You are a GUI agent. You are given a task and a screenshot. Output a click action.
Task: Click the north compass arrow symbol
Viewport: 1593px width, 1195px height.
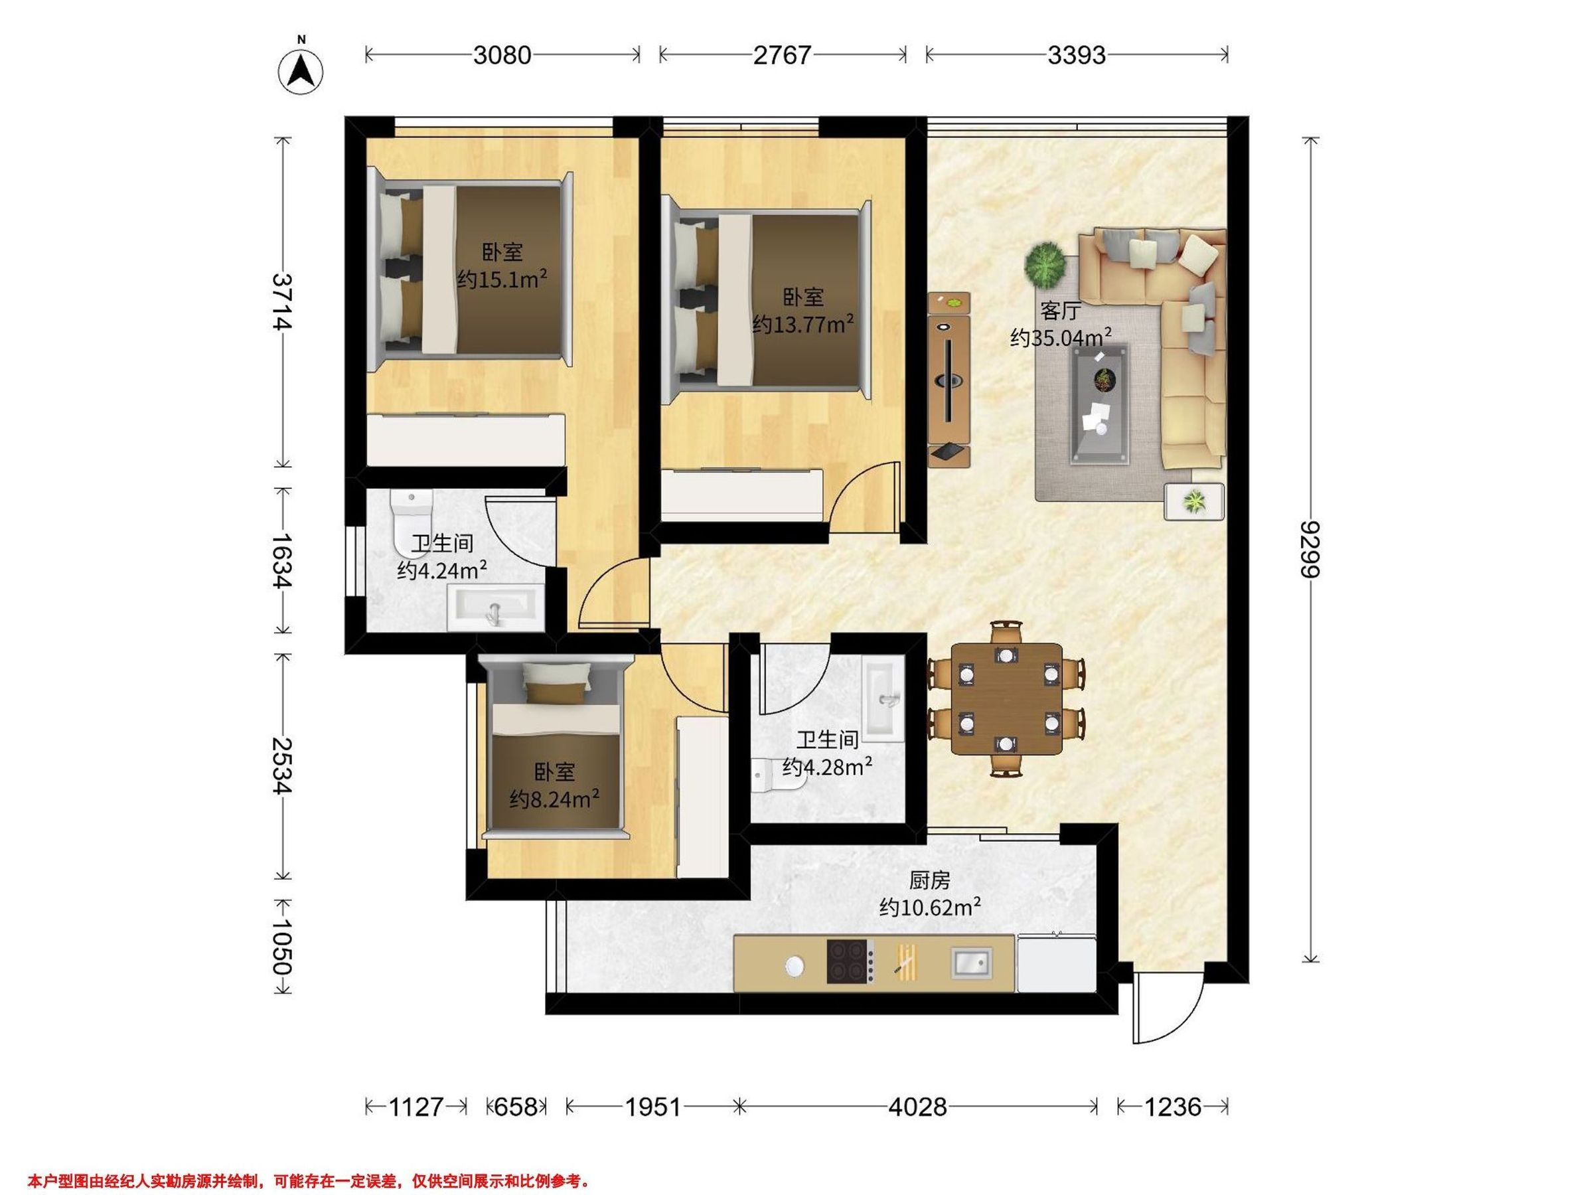[x=301, y=70]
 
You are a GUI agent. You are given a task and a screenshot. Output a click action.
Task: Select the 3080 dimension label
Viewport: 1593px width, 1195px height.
[x=502, y=54]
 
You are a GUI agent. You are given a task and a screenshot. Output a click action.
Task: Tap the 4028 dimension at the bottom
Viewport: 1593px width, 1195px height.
[x=917, y=1107]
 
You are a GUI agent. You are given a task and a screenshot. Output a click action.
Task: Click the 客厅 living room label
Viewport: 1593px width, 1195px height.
[x=1061, y=311]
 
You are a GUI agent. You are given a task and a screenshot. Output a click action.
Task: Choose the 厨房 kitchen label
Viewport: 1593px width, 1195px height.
[x=930, y=880]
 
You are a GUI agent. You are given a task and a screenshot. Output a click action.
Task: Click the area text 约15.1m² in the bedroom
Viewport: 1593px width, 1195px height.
[x=502, y=279]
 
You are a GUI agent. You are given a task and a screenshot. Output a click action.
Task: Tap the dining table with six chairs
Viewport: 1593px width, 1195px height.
[x=1006, y=698]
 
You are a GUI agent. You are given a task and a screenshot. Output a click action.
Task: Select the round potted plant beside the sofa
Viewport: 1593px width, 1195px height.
[x=1045, y=264]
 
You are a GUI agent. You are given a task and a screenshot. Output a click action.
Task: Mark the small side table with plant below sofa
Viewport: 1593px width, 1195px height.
[x=1194, y=501]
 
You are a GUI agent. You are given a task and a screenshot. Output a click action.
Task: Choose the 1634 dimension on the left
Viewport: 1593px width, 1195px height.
[x=281, y=560]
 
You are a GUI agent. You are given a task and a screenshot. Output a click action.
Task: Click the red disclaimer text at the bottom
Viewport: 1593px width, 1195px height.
[x=309, y=1180]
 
